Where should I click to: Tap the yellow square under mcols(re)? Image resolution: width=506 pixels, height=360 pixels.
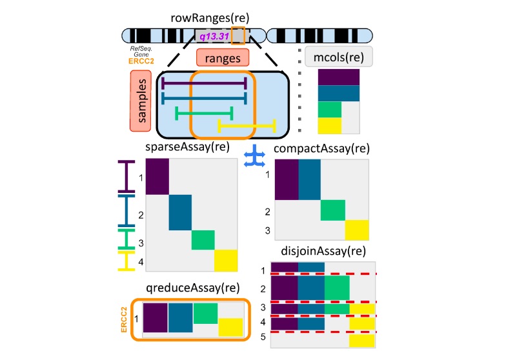(x=329, y=126)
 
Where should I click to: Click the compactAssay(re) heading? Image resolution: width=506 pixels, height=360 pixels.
(x=322, y=148)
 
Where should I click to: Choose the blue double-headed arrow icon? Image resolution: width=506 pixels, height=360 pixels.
(x=252, y=158)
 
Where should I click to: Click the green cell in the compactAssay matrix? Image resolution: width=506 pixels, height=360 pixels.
(x=332, y=210)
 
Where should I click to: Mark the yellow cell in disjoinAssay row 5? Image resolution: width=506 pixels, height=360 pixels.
(x=362, y=341)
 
